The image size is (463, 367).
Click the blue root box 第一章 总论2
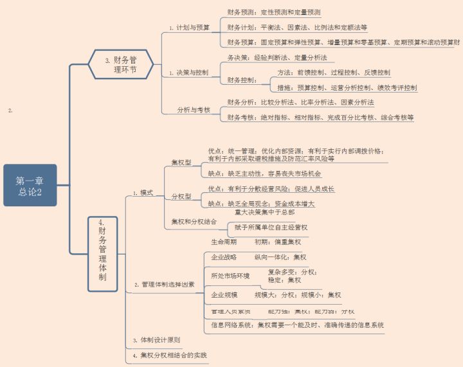point(30,185)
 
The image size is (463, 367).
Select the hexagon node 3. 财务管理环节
point(121,64)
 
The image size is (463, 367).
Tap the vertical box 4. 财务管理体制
point(103,253)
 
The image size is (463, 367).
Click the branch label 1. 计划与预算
point(189,28)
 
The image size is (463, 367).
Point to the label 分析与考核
point(194,110)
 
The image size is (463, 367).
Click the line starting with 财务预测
point(274,12)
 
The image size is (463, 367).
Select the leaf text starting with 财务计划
point(297,28)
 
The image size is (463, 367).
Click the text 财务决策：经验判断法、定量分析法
point(277,58)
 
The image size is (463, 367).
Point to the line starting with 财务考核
point(320,118)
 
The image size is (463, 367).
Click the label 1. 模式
point(143,193)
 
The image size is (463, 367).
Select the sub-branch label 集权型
point(181,163)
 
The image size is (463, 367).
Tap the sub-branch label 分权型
point(181,196)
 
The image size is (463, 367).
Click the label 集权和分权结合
point(192,222)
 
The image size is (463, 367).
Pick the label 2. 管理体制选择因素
point(164,283)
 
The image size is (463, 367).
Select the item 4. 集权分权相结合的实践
point(170,355)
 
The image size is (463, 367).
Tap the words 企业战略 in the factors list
point(224,256)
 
